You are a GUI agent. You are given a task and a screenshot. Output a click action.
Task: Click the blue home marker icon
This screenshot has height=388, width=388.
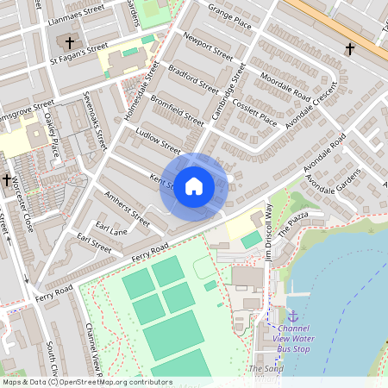194,186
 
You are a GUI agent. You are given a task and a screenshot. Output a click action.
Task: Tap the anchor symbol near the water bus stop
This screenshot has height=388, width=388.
292,316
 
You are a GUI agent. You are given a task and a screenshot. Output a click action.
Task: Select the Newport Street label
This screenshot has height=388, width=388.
209,45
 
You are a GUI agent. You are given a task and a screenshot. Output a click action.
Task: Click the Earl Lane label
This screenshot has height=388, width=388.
113,228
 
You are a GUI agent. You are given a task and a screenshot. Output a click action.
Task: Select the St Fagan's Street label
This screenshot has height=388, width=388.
79,54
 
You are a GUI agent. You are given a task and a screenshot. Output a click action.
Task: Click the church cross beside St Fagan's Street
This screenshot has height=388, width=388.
70,42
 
